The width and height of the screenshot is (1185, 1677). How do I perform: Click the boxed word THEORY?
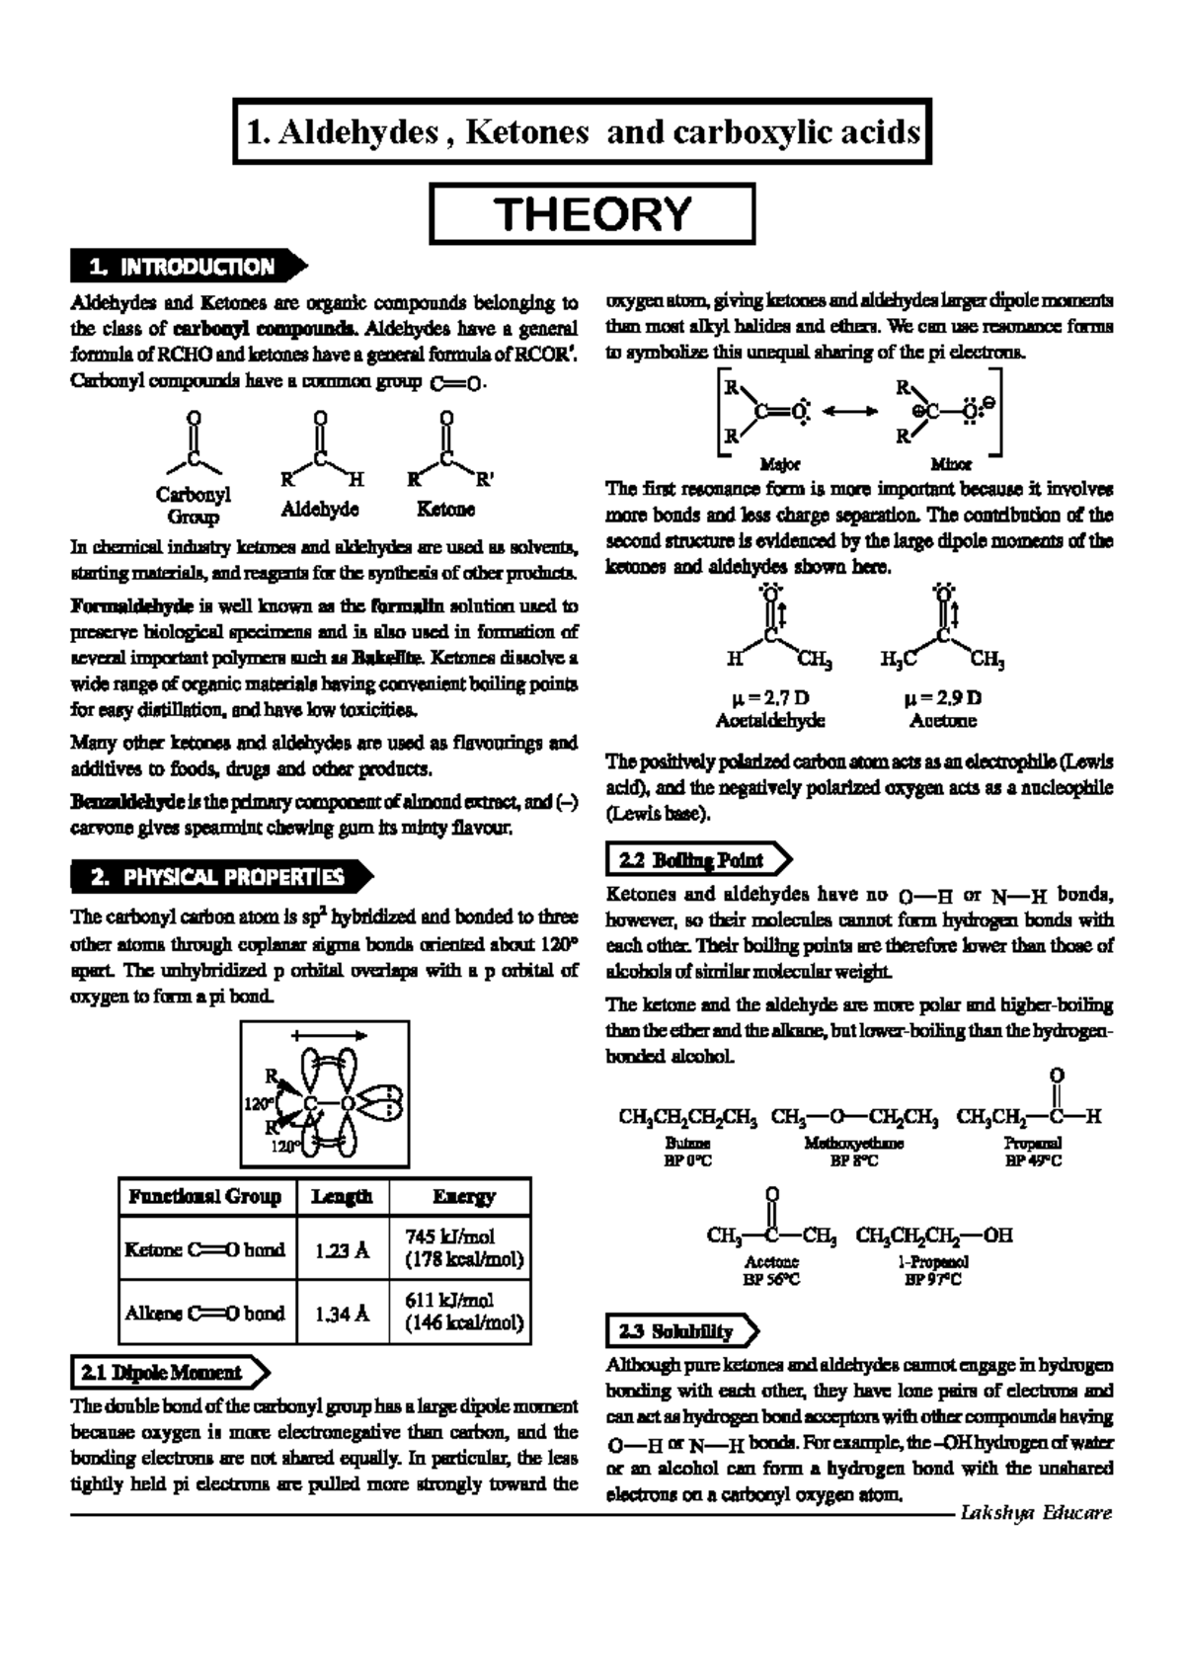pyautogui.click(x=592, y=213)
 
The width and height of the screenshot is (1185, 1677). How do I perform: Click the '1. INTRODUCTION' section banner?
pyautogui.click(x=183, y=267)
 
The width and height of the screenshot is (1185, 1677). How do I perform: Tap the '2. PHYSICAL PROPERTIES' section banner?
pyautogui.click(x=217, y=877)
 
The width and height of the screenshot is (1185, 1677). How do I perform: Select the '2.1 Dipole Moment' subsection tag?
pyautogui.click(x=162, y=1373)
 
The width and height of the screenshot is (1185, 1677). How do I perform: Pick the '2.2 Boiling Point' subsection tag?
pyautogui.click(x=691, y=860)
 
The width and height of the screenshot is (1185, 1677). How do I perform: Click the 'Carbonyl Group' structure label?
pyautogui.click(x=193, y=505)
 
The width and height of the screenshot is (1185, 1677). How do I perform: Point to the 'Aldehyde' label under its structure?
pyautogui.click(x=319, y=509)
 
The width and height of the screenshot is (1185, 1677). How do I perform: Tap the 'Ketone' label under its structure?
pyautogui.click(x=445, y=509)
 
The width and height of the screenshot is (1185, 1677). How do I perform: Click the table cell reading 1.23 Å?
pyautogui.click(x=342, y=1249)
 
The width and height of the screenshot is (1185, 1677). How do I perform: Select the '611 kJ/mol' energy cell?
pyautogui.click(x=449, y=1300)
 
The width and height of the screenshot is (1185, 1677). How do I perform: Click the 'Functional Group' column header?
pyautogui.click(x=204, y=1196)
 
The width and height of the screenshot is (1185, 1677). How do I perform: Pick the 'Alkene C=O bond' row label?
pyautogui.click(x=204, y=1313)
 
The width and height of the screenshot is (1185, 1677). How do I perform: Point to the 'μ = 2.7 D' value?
pyautogui.click(x=769, y=698)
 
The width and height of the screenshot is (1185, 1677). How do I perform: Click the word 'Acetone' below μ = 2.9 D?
pyautogui.click(x=942, y=721)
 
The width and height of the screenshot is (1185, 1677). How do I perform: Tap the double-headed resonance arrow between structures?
pyautogui.click(x=848, y=411)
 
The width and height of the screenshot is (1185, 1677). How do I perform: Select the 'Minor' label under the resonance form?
pyautogui.click(x=951, y=463)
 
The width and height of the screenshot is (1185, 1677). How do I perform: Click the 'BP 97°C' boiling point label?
pyautogui.click(x=932, y=1279)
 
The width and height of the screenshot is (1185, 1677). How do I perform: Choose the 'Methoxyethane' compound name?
pyautogui.click(x=853, y=1143)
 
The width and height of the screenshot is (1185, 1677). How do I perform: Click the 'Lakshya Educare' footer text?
pyautogui.click(x=1036, y=1513)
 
